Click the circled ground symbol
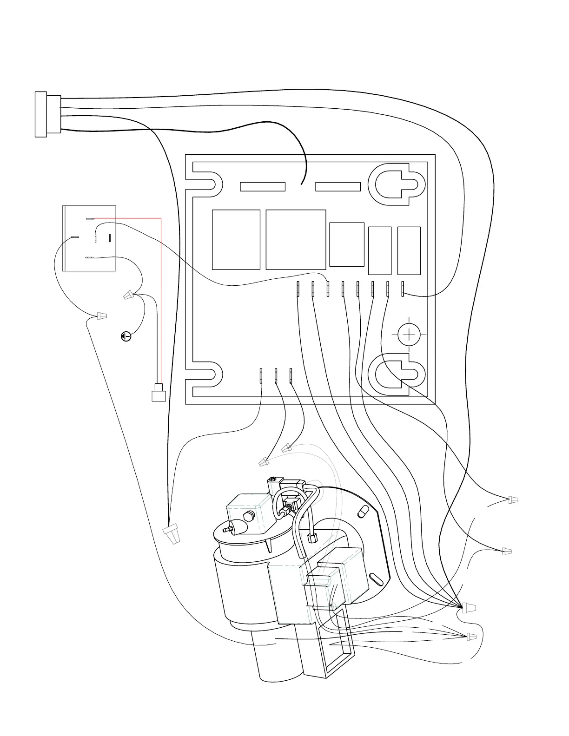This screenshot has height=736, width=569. (x=126, y=336)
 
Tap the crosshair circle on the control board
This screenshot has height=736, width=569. (x=409, y=334)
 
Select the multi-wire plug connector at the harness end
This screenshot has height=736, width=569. (x=47, y=114)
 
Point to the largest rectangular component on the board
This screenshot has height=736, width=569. (x=296, y=240)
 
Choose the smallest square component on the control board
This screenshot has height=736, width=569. (x=347, y=244)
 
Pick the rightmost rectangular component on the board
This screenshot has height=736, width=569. (x=409, y=251)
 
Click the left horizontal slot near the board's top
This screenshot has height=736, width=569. (x=263, y=187)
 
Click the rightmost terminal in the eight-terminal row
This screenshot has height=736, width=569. (x=403, y=289)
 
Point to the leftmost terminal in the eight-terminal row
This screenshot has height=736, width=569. (x=298, y=289)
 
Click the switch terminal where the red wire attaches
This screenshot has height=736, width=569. (x=90, y=218)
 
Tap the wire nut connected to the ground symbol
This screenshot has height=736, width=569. (x=129, y=295)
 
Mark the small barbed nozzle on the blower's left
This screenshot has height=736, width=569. (x=229, y=529)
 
